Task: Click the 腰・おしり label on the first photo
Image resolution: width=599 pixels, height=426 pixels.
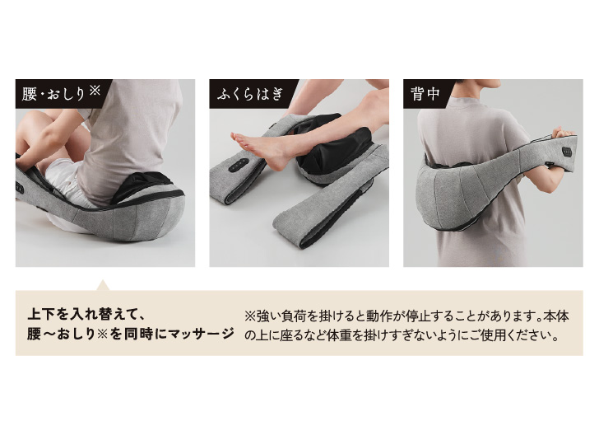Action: pyautogui.click(x=53, y=94)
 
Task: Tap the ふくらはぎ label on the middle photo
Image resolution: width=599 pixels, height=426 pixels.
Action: pyautogui.click(x=251, y=94)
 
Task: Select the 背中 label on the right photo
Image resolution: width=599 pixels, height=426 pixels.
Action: pyautogui.click(x=425, y=94)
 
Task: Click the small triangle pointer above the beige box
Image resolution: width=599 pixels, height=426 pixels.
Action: pyautogui.click(x=102, y=285)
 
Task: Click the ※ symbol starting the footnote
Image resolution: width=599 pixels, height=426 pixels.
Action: pyautogui.click(x=250, y=316)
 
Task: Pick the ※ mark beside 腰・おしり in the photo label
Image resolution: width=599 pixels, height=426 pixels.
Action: pyautogui.click(x=94, y=91)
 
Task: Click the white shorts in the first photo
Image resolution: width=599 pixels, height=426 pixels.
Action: pyautogui.click(x=63, y=180)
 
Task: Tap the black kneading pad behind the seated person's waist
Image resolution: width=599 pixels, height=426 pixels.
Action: pyautogui.click(x=143, y=186)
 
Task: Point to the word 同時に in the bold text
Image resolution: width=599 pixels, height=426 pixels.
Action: pyautogui.click(x=145, y=334)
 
